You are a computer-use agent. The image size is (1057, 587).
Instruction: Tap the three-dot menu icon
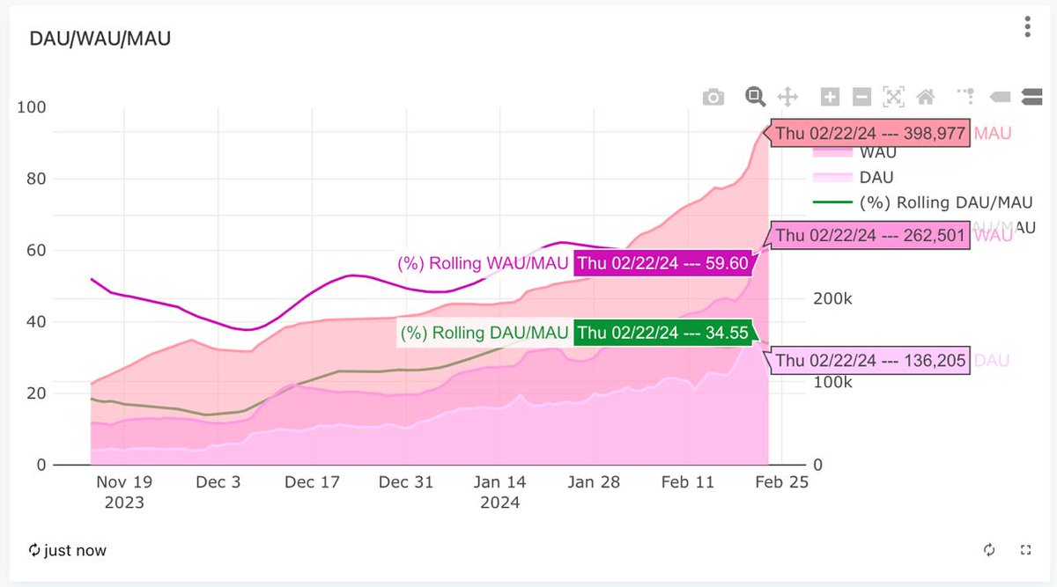coord(1027,27)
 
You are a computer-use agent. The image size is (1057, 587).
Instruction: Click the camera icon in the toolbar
coord(713,97)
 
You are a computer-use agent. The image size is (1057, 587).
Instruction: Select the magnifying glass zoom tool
coord(754,97)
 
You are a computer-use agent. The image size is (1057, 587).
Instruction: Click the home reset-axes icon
coord(925,97)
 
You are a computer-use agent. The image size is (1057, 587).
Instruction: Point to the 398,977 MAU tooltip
coord(871,134)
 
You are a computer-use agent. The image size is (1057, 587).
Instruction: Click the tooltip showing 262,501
coord(871,236)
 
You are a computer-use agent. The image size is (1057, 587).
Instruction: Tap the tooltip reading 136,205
coord(871,361)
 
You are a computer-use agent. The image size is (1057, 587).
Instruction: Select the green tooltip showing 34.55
coord(663,334)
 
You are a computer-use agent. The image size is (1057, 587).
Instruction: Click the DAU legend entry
coord(876,178)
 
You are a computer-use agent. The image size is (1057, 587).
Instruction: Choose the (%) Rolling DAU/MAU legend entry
coord(946,202)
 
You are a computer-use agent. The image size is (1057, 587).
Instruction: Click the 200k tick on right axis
coord(832,299)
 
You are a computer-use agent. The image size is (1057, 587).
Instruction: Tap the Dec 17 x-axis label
coord(313,482)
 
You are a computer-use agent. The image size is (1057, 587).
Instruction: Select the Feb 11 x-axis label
coord(688,482)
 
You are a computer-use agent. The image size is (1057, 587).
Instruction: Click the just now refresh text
coord(68,550)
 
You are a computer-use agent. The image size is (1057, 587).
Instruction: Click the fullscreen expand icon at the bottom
coord(1025,550)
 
